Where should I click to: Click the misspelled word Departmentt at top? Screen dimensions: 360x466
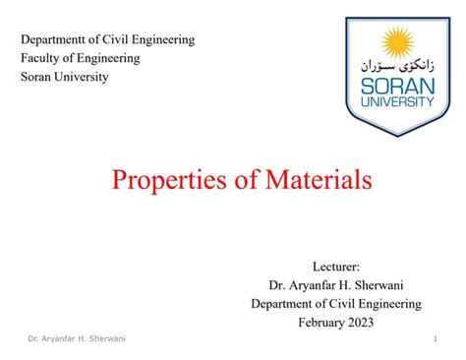tap(56, 40)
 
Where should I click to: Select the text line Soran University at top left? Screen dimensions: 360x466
tap(65, 77)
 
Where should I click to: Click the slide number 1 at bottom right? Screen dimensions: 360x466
tap(435, 340)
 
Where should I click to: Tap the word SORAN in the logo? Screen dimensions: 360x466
tap(397, 85)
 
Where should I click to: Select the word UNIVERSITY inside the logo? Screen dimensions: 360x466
tap(397, 101)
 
